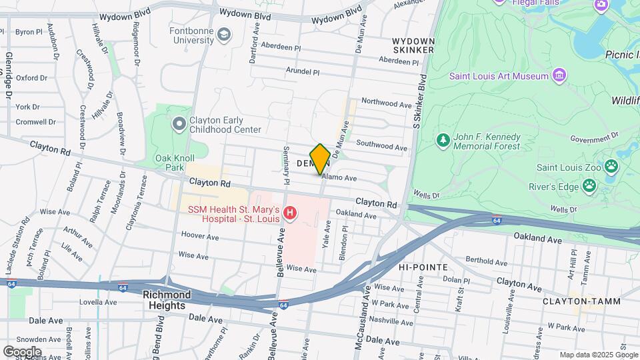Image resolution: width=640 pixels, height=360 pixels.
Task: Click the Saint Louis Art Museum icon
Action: click(559, 75)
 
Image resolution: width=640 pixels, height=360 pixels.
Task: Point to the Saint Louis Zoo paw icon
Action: click(611, 166)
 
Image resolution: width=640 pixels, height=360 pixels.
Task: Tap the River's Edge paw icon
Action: click(589, 186)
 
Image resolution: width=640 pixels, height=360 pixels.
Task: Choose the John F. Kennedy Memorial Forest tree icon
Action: click(442, 141)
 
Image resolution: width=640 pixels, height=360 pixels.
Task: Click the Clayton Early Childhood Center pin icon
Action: click(178, 124)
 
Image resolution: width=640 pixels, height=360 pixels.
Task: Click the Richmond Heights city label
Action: click(167, 300)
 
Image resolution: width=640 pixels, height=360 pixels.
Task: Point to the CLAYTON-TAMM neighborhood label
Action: click(581, 301)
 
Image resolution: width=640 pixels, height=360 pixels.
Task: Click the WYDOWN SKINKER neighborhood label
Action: click(413, 45)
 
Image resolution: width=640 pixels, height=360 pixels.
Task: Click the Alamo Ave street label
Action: click(339, 178)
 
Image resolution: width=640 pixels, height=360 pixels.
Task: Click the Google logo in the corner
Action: click(22, 351)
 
